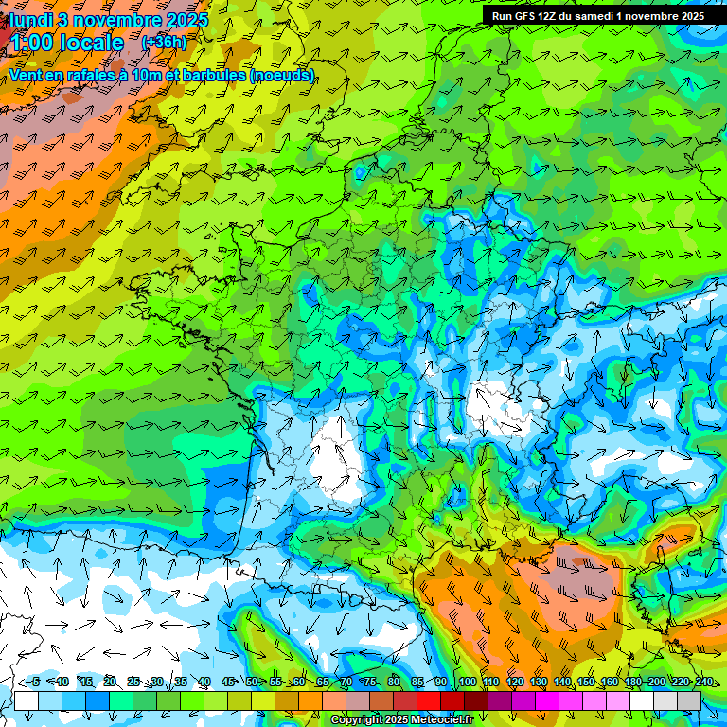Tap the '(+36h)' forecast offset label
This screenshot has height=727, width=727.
(x=164, y=43)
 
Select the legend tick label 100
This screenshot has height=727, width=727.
(x=467, y=683)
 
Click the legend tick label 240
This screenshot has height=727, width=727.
(x=703, y=683)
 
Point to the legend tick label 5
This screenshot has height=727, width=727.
(x=36, y=683)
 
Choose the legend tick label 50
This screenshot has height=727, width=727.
(x=252, y=683)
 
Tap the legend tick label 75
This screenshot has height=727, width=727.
(x=370, y=683)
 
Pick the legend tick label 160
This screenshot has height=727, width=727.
(x=609, y=683)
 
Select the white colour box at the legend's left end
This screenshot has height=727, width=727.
(x=27, y=700)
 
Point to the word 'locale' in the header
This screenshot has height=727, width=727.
(x=92, y=44)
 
